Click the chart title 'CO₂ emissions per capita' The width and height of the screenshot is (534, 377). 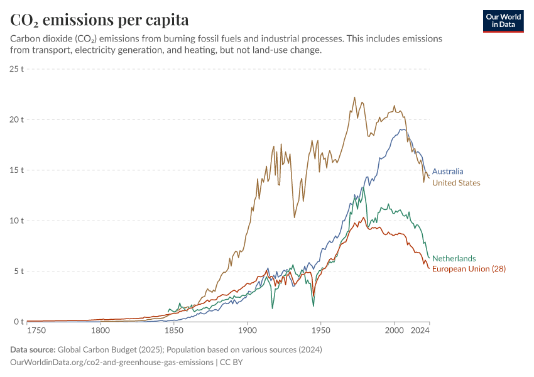[99, 20]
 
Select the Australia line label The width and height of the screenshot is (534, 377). [448, 171]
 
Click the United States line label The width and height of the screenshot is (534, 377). [456, 183]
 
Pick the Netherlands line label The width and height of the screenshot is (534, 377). [454, 258]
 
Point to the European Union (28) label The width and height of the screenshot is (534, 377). [469, 269]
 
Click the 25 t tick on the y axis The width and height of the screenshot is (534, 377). [17, 68]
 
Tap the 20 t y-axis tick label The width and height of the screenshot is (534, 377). [17, 119]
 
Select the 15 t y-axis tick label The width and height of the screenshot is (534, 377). [17, 170]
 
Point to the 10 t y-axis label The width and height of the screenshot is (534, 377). [17, 221]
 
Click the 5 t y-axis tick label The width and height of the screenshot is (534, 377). [19, 271]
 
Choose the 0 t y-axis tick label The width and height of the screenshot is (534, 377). [19, 322]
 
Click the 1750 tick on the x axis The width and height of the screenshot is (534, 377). [36, 330]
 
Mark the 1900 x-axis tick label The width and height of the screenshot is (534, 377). [248, 330]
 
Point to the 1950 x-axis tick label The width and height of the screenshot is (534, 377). [321, 330]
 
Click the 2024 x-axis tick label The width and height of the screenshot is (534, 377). [420, 330]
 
